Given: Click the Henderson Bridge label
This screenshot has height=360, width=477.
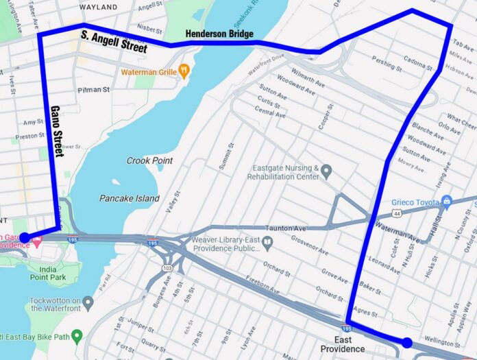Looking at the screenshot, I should pos(219,34).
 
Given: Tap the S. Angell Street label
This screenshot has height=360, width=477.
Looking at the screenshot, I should pos(114,42).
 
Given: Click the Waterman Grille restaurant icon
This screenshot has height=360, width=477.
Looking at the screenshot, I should pos(183,71).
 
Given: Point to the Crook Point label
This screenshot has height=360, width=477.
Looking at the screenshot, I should pos(150,160).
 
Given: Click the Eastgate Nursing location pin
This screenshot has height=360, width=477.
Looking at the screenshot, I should pos(327,171).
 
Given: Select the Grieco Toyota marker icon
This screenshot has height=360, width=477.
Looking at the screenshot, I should pos(446,202).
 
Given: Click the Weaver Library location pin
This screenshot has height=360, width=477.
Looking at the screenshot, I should pos(267,241).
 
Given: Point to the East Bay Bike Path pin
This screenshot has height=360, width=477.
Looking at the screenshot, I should pos(77,336).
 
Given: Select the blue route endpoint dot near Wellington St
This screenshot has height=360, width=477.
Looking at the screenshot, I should pos(406,342).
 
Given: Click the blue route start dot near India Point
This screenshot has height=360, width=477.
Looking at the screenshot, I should pos(24,238).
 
